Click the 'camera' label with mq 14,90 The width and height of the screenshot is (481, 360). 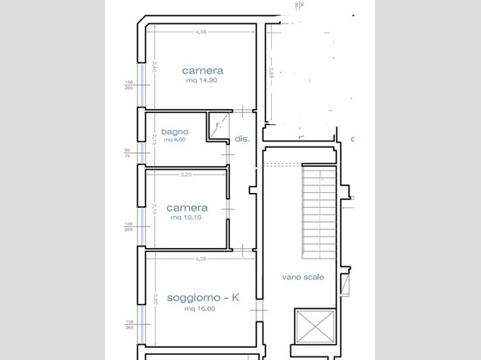click(203, 70)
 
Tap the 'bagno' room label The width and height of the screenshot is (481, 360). click(174, 133)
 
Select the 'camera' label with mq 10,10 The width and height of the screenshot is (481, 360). click(186, 208)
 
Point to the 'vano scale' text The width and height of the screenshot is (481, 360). click(303, 277)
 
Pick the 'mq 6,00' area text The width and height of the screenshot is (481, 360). click(173, 142)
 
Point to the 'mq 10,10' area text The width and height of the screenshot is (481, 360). click(186, 218)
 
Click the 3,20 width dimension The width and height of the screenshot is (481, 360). click(185, 175)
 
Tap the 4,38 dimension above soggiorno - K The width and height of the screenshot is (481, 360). click(201, 259)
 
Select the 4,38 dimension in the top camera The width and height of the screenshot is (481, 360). click(202, 32)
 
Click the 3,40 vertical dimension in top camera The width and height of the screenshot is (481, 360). click(154, 66)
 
